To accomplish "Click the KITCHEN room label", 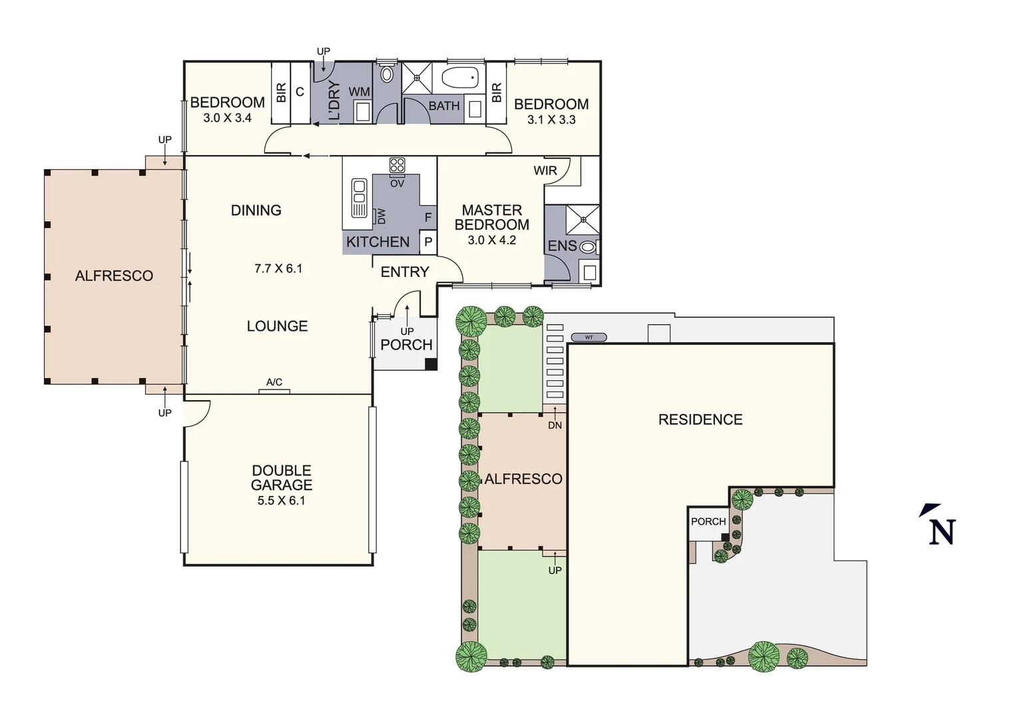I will click(378, 242).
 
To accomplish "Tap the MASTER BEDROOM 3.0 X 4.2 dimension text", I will click(491, 240).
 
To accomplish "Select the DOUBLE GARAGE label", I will click(281, 478).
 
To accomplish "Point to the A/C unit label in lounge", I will click(274, 382).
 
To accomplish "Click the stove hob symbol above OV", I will click(397, 165).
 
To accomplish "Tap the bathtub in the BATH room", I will click(461, 79).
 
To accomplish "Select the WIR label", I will click(545, 171).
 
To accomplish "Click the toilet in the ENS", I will click(587, 246).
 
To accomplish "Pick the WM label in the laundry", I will click(359, 92).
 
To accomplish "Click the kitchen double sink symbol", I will click(359, 198).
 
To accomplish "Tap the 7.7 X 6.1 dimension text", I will click(278, 269).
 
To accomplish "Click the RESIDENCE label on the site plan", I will click(700, 419).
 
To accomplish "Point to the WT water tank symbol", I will click(589, 338).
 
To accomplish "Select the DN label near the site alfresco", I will click(555, 425).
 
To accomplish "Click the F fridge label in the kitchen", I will click(428, 218).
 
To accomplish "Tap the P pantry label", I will click(428, 243).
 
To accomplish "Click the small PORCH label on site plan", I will click(708, 521).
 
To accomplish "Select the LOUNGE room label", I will click(277, 326).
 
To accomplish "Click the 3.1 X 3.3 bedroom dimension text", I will click(551, 120).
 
